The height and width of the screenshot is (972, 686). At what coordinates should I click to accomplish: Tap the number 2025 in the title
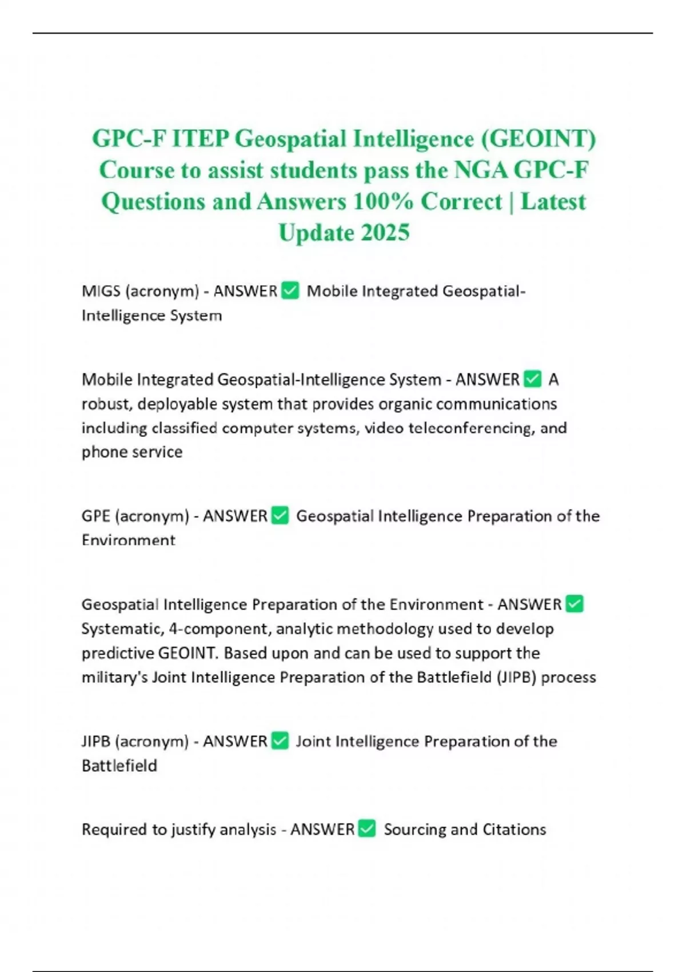coord(385,233)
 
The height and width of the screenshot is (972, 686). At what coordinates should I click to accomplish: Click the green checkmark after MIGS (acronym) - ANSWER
coord(290,291)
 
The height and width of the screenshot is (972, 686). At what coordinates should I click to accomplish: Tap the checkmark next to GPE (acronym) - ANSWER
coord(280,516)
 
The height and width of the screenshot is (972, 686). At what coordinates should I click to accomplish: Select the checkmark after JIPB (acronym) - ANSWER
coord(280,741)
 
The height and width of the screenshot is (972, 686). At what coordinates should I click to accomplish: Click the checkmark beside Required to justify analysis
coord(367,829)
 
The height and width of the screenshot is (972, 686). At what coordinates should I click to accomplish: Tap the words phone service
coord(132,452)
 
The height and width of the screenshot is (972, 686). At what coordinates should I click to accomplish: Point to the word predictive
coord(117,653)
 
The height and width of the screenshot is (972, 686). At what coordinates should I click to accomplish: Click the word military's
coord(114,677)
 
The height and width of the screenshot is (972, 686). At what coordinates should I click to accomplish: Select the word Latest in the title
coord(553,202)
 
